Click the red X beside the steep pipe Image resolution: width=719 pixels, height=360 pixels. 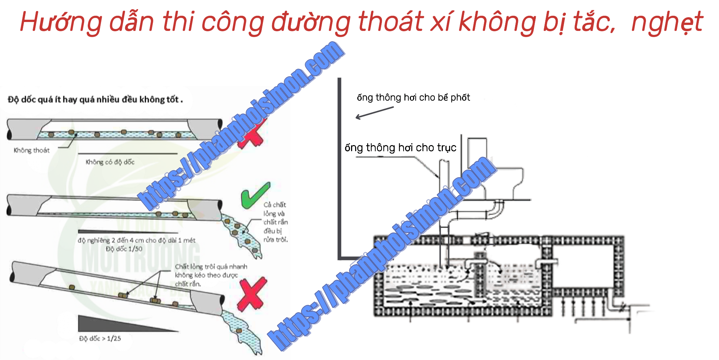coord(251,294)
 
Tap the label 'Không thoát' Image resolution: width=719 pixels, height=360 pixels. coord(32,150)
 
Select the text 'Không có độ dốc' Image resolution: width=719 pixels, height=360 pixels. coord(110,162)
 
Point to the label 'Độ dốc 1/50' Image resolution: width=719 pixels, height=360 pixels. coord(124,249)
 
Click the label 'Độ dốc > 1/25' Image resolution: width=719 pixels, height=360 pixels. coord(100,338)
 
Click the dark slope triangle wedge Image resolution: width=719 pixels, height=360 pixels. coord(110,325)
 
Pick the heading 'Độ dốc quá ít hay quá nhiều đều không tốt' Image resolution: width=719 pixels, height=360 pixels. coord(95,100)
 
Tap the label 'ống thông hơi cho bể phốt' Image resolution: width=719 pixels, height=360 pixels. coord(413,97)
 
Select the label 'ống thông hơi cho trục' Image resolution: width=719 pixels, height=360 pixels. coord(400,148)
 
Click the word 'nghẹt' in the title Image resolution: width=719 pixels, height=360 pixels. coord(667,22)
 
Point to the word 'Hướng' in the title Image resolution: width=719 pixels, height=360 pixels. coord(61,22)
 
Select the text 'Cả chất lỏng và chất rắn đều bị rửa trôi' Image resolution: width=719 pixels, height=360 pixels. coord(275,222)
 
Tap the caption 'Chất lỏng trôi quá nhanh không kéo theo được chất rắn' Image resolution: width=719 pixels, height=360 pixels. coord(211,275)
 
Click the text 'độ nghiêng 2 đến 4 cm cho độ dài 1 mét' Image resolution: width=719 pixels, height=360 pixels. coord(137,240)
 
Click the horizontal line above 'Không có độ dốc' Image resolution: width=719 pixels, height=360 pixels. coord(127,153)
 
